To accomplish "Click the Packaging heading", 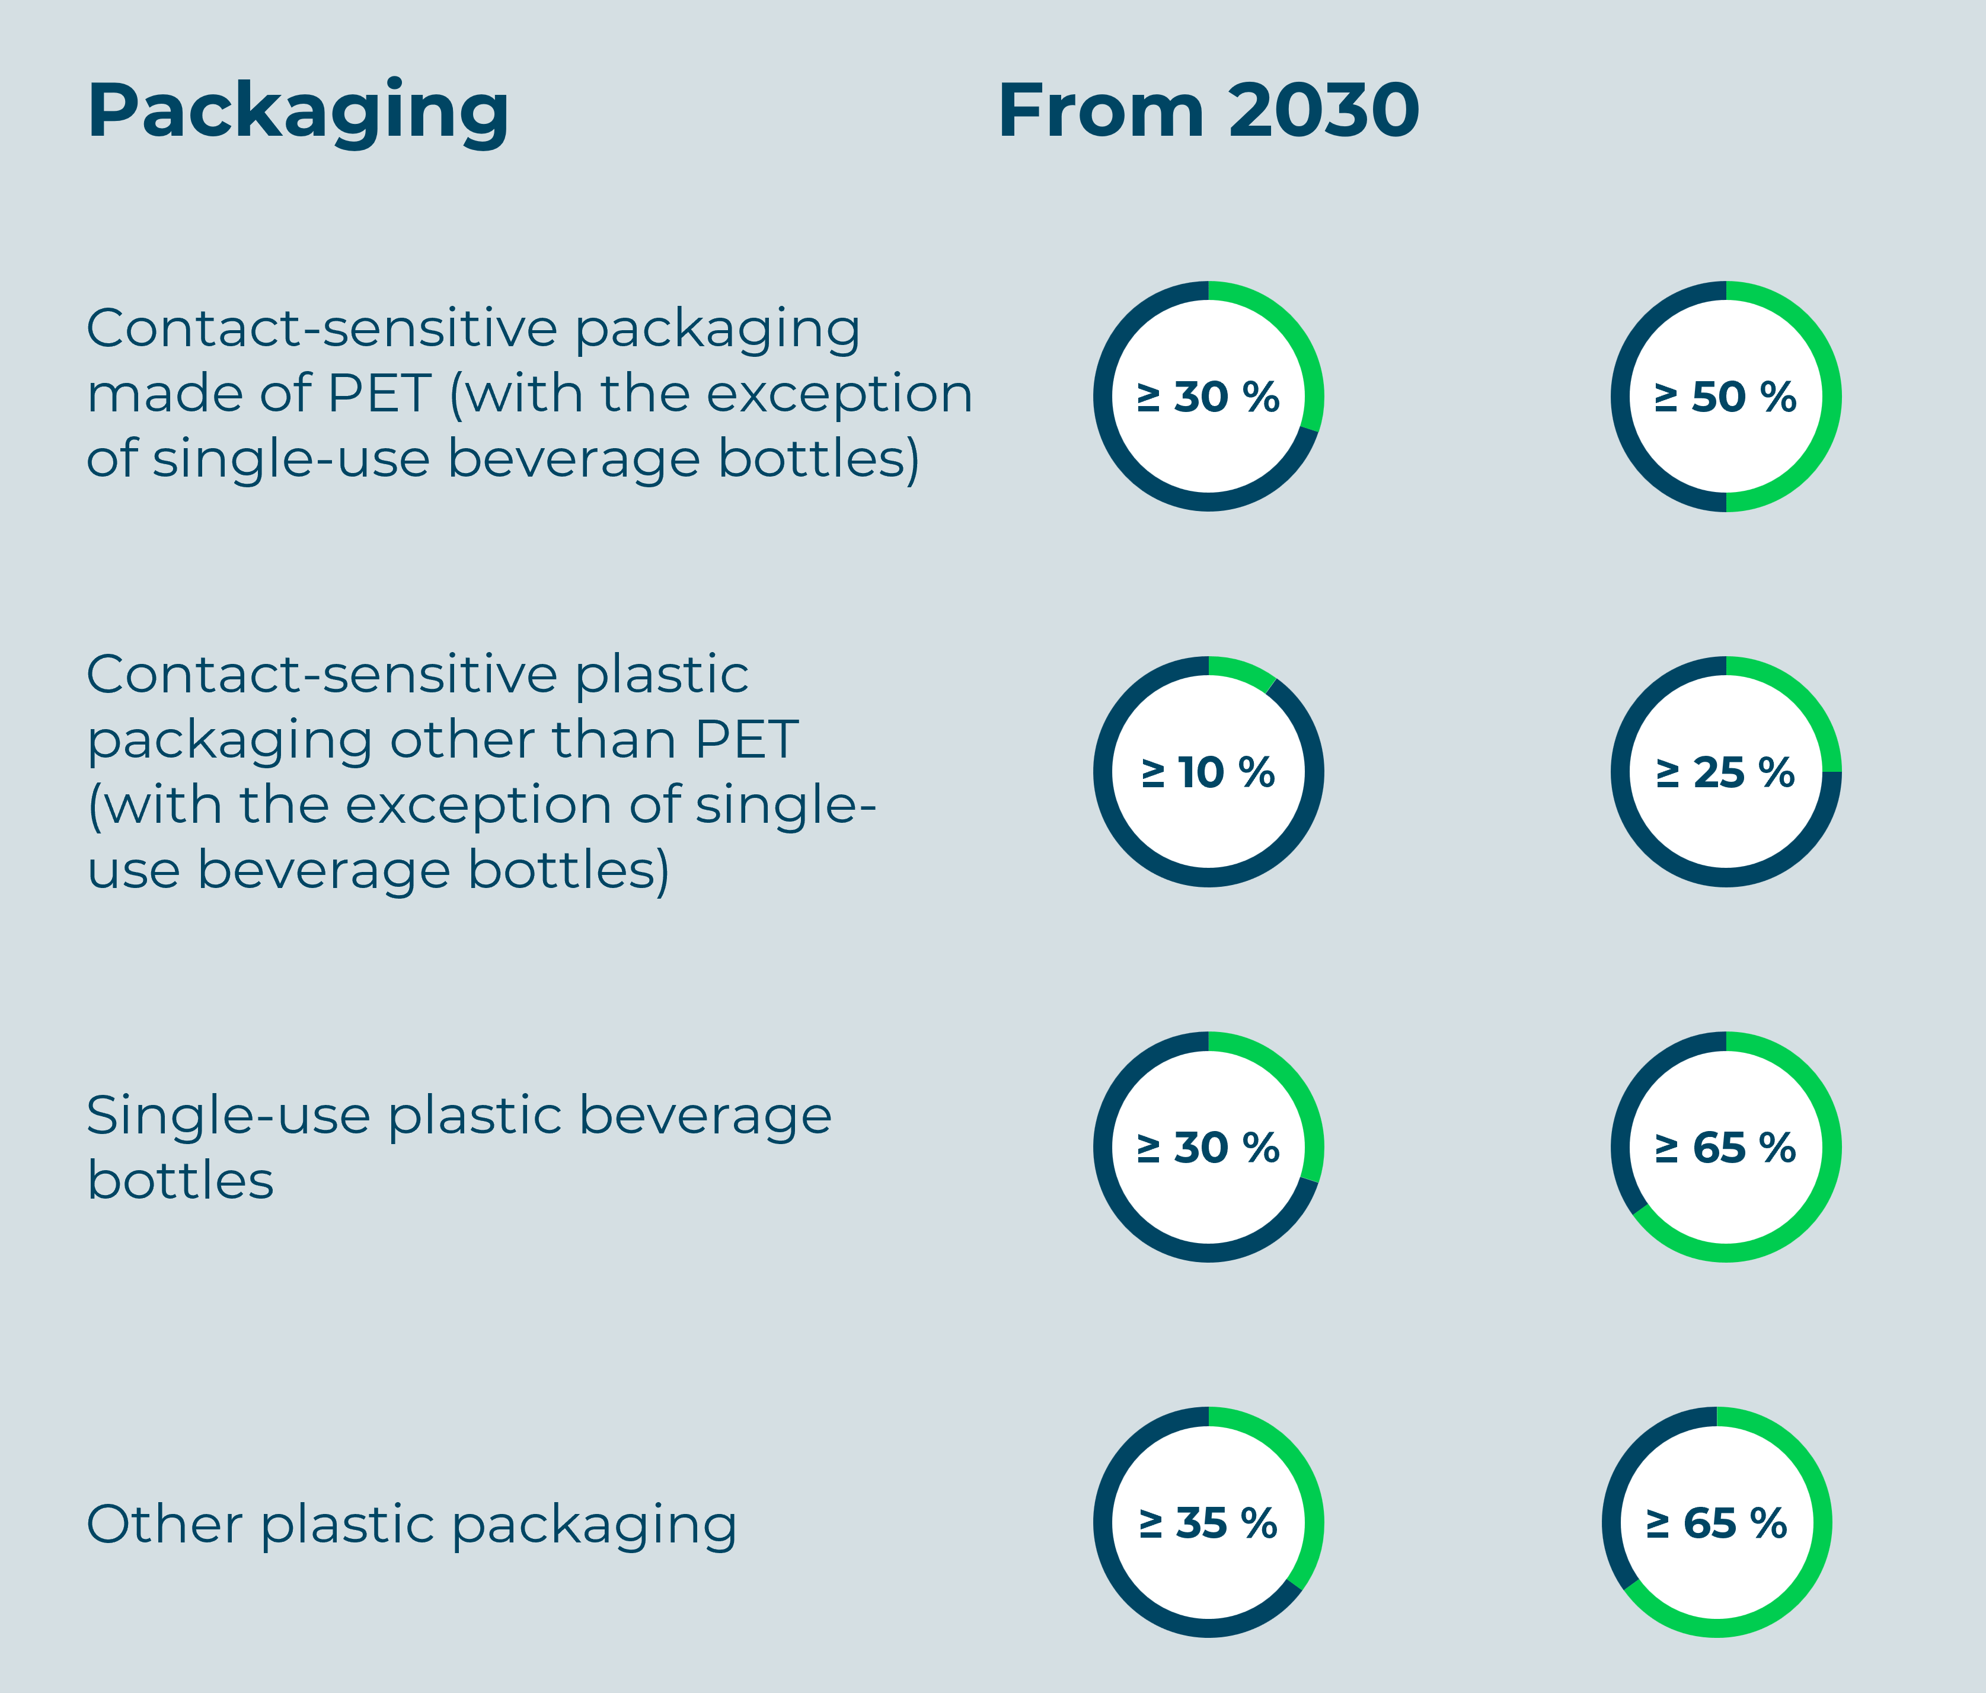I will pos(297,112).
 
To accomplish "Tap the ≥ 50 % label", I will pos(1725,397).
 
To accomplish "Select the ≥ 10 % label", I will pos(1208,772).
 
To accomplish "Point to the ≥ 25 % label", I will pos(1725,772).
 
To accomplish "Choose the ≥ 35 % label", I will pos(1208,1523).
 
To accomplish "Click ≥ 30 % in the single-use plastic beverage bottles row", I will pos(1208,1148).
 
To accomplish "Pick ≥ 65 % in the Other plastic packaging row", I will pos(1716,1523).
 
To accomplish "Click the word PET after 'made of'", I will pos(379,393).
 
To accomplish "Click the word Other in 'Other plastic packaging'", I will pos(164,1523).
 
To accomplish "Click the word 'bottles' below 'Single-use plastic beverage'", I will pos(180,1180).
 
